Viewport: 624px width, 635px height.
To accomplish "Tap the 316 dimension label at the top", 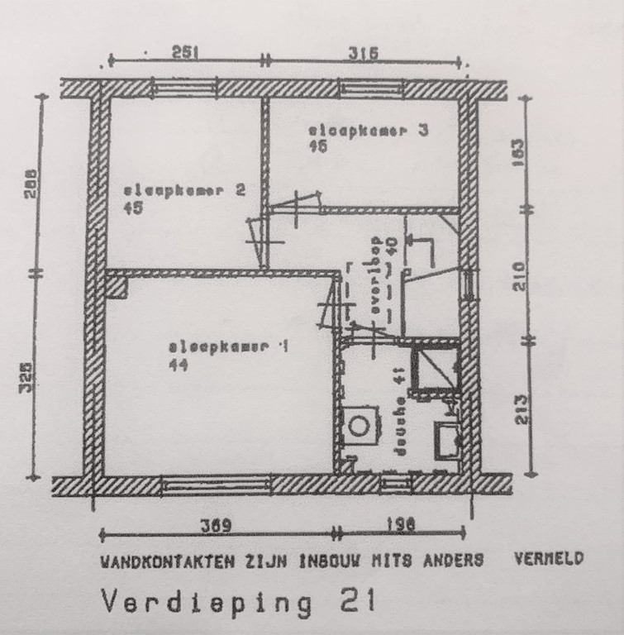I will [x=362, y=53].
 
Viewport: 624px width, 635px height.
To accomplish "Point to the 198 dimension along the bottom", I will [x=399, y=525].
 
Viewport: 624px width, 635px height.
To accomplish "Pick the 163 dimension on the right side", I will [x=520, y=151].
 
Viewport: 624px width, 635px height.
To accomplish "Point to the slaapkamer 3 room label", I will [x=368, y=131].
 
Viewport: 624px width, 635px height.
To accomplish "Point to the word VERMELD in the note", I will [x=548, y=558].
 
